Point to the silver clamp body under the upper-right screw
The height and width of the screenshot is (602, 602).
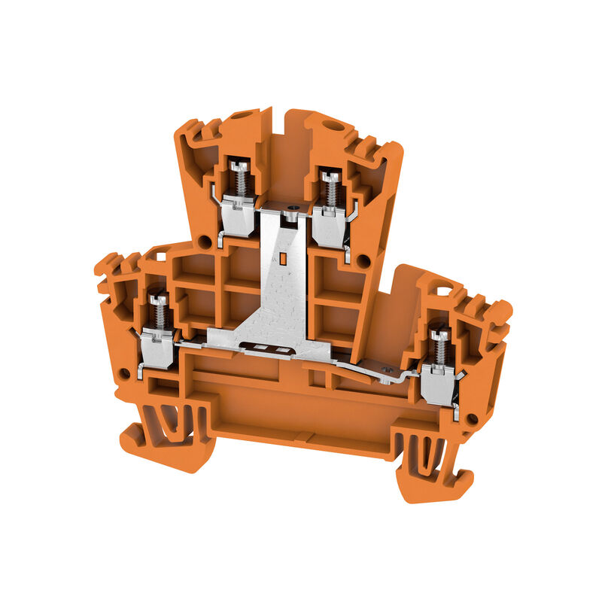pyautogui.click(x=328, y=226)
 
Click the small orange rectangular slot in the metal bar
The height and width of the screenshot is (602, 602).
pyautogui.click(x=284, y=260)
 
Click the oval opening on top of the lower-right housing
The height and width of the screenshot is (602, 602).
pyautogui.click(x=445, y=289)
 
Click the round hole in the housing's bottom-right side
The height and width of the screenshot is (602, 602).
pyautogui.click(x=472, y=418)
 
